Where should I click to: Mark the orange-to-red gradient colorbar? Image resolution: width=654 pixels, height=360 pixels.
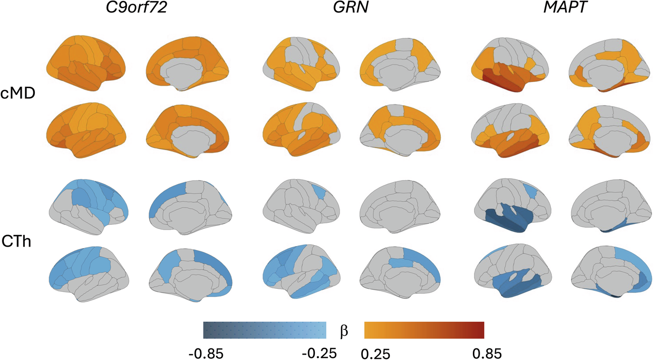click(x=424, y=329)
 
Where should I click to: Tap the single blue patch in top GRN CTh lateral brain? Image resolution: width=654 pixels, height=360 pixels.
click(x=318, y=192)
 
